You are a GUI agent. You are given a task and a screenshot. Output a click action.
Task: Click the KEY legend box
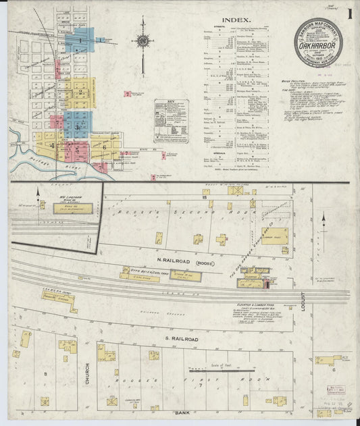pyautogui.click(x=171, y=122)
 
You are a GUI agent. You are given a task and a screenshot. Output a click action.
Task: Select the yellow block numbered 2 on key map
pyautogui.click(x=81, y=92)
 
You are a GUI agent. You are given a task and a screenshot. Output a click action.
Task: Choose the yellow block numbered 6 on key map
pyautogui.click(x=105, y=146)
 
